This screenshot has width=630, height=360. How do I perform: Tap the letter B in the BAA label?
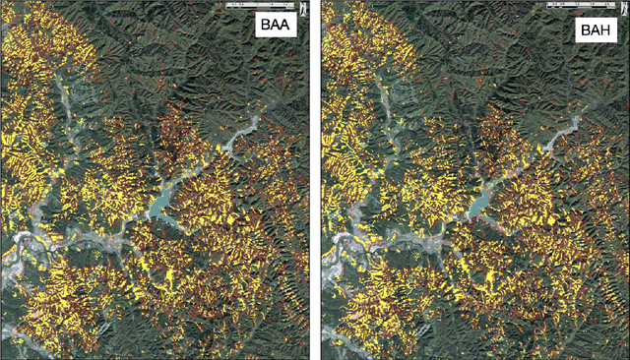(x=262, y=27)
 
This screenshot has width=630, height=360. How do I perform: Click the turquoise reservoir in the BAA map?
(x=160, y=206)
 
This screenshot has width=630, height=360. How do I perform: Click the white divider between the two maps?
(x=315, y=180)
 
